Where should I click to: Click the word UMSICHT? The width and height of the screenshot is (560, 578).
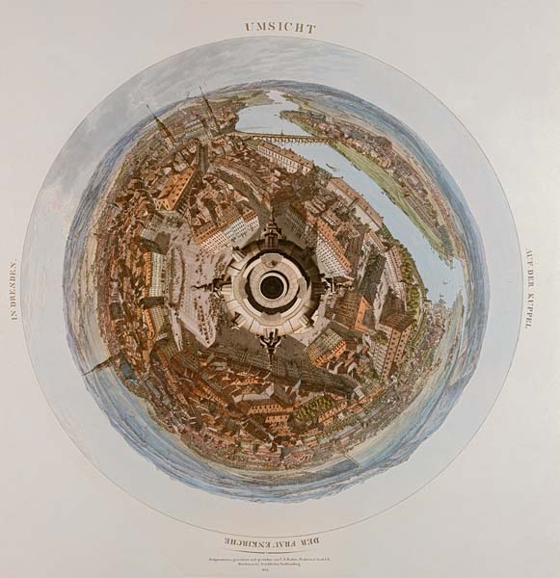point(280,28)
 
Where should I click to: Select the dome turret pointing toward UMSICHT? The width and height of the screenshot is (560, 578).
point(272,230)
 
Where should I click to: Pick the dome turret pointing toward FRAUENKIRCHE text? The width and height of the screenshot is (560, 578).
point(271,342)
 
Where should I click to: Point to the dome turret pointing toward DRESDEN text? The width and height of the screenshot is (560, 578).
point(213,286)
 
